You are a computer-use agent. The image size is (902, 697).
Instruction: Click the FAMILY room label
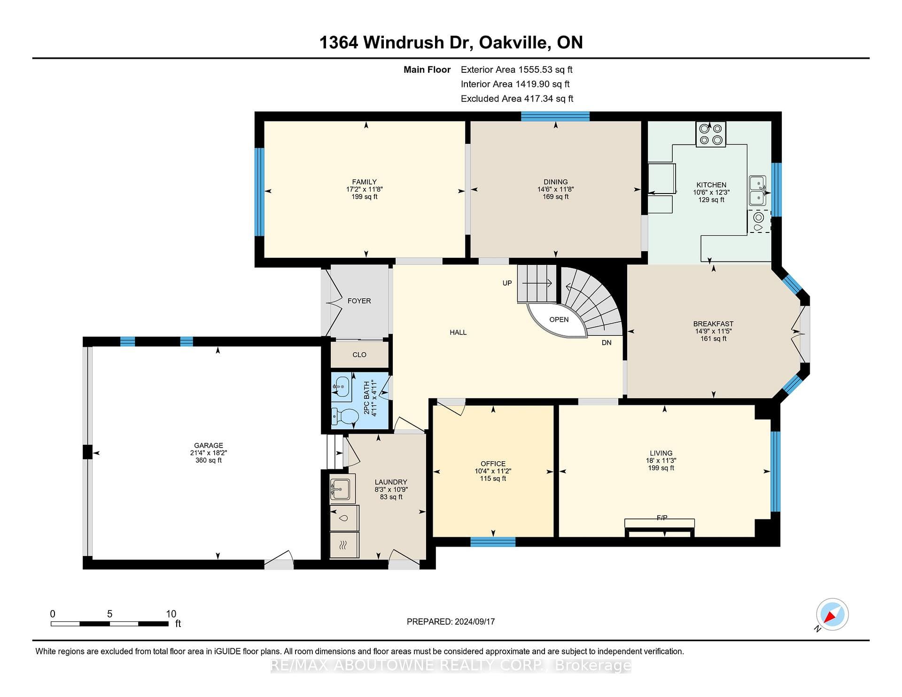365,182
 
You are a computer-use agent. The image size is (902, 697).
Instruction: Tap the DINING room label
556,182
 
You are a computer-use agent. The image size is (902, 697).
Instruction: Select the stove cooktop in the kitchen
710,134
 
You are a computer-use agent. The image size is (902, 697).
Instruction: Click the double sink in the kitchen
757,190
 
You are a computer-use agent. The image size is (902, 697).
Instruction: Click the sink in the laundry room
342,488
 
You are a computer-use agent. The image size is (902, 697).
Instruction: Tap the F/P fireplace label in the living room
661,518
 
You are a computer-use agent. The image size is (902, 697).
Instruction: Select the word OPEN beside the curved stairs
559,319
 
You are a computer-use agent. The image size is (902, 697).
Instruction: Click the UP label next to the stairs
507,283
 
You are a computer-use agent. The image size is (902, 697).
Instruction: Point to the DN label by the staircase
607,343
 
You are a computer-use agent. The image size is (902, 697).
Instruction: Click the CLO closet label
359,355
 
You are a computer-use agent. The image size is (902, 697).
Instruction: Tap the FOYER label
359,301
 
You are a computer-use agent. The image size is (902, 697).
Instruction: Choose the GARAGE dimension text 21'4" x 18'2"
209,453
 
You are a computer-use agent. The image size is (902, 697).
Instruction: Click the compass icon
832,614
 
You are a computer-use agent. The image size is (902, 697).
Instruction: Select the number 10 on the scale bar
171,614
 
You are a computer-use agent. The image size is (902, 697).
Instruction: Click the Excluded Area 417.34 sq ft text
517,99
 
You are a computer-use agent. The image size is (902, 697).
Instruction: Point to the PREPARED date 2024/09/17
474,621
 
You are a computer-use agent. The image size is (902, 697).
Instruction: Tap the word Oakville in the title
514,42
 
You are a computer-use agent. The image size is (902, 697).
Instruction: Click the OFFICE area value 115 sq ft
493,479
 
